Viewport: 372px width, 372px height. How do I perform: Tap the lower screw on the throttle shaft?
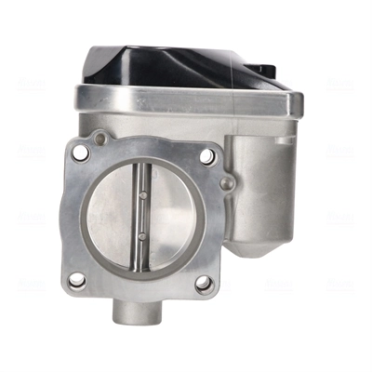tap(139, 238)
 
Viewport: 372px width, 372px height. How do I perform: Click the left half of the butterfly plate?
tap(110, 219)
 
